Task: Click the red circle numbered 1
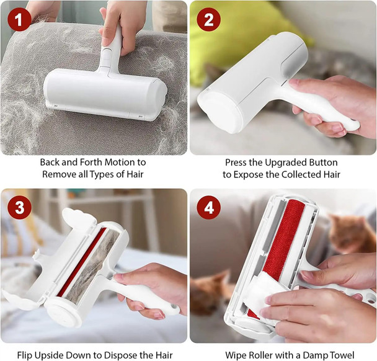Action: pyautogui.click(x=20, y=20)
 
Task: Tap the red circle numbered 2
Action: pyautogui.click(x=209, y=20)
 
